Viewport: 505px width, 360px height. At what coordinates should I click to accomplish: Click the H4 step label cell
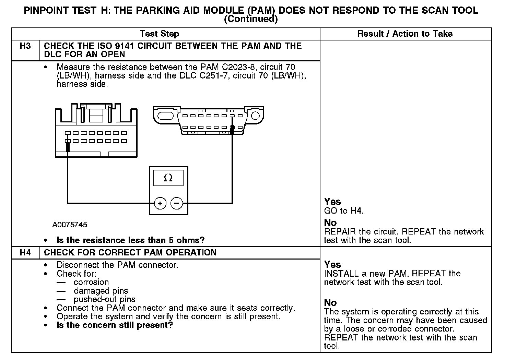pyautogui.click(x=25, y=253)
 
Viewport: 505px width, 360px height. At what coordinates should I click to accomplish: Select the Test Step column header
pyautogui.click(x=159, y=34)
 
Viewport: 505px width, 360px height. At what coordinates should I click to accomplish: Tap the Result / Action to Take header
pyautogui.click(x=405, y=34)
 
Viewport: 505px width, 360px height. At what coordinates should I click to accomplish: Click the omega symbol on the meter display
pyautogui.click(x=168, y=178)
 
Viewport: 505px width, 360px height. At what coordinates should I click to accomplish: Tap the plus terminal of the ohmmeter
pyautogui.click(x=160, y=204)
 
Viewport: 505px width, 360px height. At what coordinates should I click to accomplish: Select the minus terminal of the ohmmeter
pyautogui.click(x=177, y=204)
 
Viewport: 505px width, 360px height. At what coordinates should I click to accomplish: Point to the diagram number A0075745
pyautogui.click(x=70, y=225)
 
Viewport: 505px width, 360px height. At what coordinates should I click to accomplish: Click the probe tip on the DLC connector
pyautogui.click(x=232, y=129)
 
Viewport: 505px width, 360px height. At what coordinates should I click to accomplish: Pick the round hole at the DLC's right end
pyautogui.click(x=255, y=115)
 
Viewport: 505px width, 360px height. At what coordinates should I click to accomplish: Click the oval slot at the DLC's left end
pyautogui.click(x=167, y=114)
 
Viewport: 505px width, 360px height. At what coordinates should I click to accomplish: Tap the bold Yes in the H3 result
pyautogui.click(x=332, y=202)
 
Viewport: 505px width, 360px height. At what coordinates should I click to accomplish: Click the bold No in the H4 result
pyautogui.click(x=330, y=303)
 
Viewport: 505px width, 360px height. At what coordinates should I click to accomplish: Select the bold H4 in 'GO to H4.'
pyautogui.click(x=356, y=211)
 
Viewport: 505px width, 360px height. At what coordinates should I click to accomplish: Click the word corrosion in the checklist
pyautogui.click(x=91, y=282)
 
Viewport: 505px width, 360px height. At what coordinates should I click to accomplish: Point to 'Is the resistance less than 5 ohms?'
pyautogui.click(x=130, y=240)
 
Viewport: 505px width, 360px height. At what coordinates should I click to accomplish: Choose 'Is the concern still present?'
pyautogui.click(x=115, y=325)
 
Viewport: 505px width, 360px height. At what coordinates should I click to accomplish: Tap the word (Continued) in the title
pyautogui.click(x=250, y=19)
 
